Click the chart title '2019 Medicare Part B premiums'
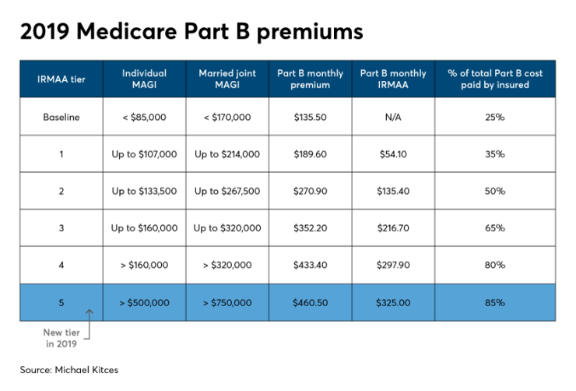click(191, 32)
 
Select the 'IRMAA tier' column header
click(61, 79)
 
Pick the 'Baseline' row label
click(61, 118)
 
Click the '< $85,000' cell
click(144, 118)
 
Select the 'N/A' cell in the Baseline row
click(392, 118)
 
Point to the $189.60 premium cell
click(310, 154)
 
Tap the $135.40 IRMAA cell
click(392, 192)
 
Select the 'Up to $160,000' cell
click(144, 228)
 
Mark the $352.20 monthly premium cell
click(310, 228)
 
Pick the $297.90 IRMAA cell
click(392, 266)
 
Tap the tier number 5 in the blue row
click(61, 302)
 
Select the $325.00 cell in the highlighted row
click(392, 302)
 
